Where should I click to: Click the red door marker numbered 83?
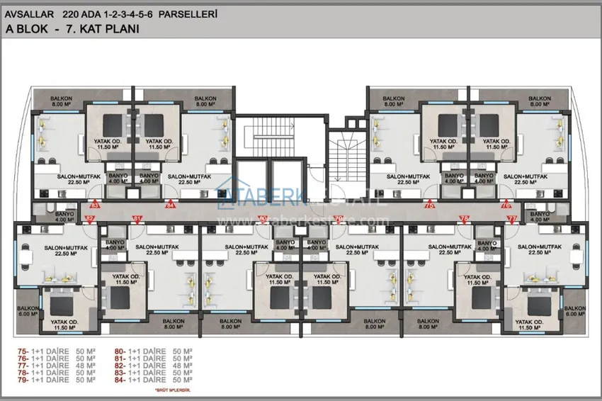coord(96,205)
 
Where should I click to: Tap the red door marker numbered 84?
coord(171,205)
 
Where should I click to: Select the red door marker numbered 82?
coord(90,219)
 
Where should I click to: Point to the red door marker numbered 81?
coord(137,218)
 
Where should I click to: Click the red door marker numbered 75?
coord(428,205)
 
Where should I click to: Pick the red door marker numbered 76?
coord(506,205)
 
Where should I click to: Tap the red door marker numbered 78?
coord(464,218)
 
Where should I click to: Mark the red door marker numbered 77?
coord(513,218)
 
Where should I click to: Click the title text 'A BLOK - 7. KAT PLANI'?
coord(72,29)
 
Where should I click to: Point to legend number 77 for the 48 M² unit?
coord(23,365)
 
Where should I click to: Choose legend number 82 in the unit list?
coord(120,365)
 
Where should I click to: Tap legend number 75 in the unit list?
coord(23,351)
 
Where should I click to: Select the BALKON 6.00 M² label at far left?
coord(28,312)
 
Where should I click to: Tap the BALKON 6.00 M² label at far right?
coord(574,312)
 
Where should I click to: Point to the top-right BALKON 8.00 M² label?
coord(540,101)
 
